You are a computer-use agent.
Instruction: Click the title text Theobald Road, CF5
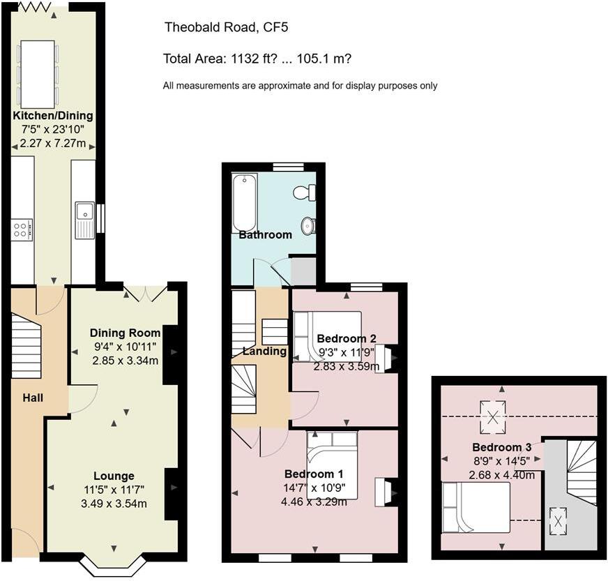[226, 28]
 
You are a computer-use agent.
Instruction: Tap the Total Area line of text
[257, 59]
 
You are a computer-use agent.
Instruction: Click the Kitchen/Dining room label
[52, 116]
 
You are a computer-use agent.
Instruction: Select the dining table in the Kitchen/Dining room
[38, 70]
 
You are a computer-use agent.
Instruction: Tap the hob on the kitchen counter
[22, 229]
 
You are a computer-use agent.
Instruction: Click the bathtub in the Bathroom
[244, 202]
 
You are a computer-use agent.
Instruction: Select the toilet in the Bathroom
[305, 193]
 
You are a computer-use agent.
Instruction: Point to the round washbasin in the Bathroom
[308, 225]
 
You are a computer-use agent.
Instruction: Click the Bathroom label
[265, 235]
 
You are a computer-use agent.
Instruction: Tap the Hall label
[33, 398]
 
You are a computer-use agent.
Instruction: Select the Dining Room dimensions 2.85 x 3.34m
[126, 361]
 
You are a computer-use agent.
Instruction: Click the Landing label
[264, 352]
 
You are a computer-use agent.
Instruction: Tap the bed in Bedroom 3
[476, 508]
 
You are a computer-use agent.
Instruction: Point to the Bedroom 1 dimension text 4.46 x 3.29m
[313, 501]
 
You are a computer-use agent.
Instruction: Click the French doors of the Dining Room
[145, 292]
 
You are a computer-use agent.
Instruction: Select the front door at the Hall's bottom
[24, 543]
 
